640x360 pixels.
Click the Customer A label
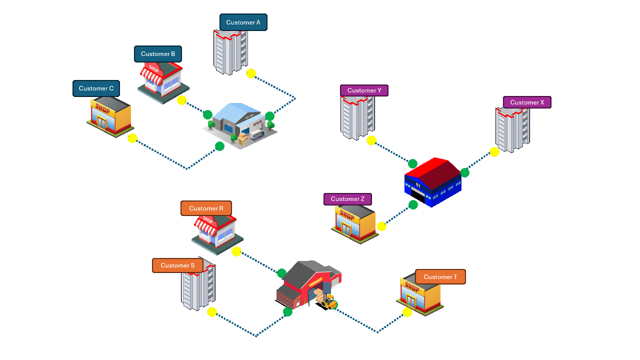[x=243, y=22]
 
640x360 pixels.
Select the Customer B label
[x=157, y=54]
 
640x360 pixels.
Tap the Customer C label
[x=96, y=88]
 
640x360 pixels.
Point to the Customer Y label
[x=364, y=90]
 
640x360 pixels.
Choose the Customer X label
[x=527, y=102]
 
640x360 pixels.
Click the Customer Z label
[x=347, y=199]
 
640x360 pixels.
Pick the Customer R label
[x=206, y=208]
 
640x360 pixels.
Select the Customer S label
[x=177, y=265]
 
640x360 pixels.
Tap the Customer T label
[x=440, y=277]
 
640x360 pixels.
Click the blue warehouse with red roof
[x=433, y=182]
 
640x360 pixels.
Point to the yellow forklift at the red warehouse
[x=328, y=301]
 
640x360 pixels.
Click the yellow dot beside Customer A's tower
[x=251, y=73]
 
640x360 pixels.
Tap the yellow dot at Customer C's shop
[x=132, y=138]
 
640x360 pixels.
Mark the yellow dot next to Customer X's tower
[x=494, y=152]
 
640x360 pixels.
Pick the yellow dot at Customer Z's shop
[x=381, y=226]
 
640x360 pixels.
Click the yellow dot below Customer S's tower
[x=212, y=312]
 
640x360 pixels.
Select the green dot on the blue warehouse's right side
[x=465, y=173]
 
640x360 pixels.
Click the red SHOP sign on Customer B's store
[x=153, y=69]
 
